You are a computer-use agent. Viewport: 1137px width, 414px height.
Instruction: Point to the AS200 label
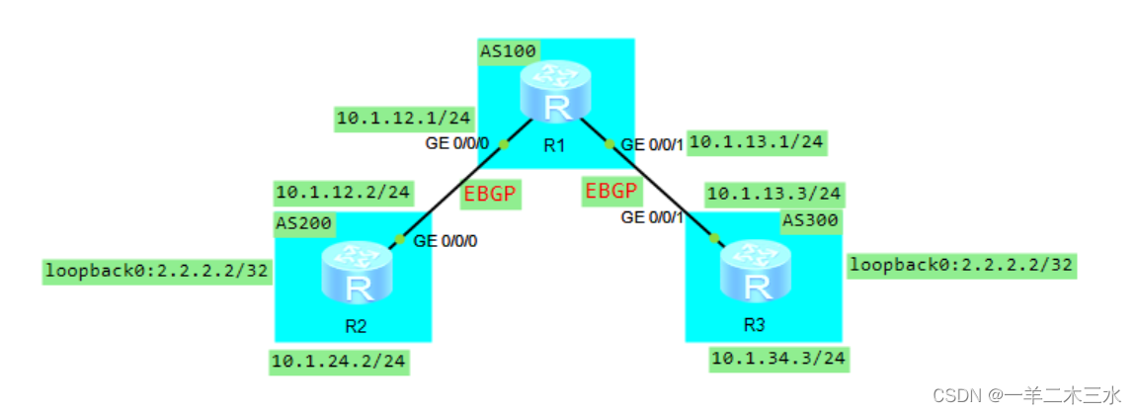303,222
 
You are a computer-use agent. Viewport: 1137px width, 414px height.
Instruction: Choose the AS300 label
809,219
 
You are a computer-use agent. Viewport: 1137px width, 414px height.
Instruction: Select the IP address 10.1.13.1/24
756,142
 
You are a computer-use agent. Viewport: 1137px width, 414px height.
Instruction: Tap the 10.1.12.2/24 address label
343,192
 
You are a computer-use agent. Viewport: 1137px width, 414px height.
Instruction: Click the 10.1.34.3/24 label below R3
777,358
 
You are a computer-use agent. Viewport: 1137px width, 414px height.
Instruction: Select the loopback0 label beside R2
157,271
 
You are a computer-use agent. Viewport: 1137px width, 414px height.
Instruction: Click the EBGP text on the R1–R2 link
490,193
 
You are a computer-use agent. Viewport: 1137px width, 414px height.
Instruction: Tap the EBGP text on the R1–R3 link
610,191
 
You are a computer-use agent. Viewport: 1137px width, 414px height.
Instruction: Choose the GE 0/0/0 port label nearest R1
456,144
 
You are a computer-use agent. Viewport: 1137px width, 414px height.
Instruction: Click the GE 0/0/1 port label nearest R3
652,216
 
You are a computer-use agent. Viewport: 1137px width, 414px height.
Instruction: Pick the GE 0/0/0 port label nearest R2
446,239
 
